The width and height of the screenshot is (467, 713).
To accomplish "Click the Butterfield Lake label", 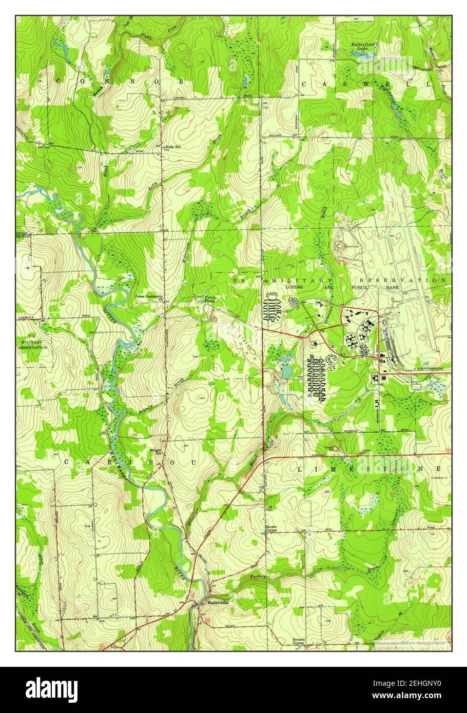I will point(363,46).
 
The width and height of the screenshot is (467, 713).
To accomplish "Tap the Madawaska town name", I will point(217,603).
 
